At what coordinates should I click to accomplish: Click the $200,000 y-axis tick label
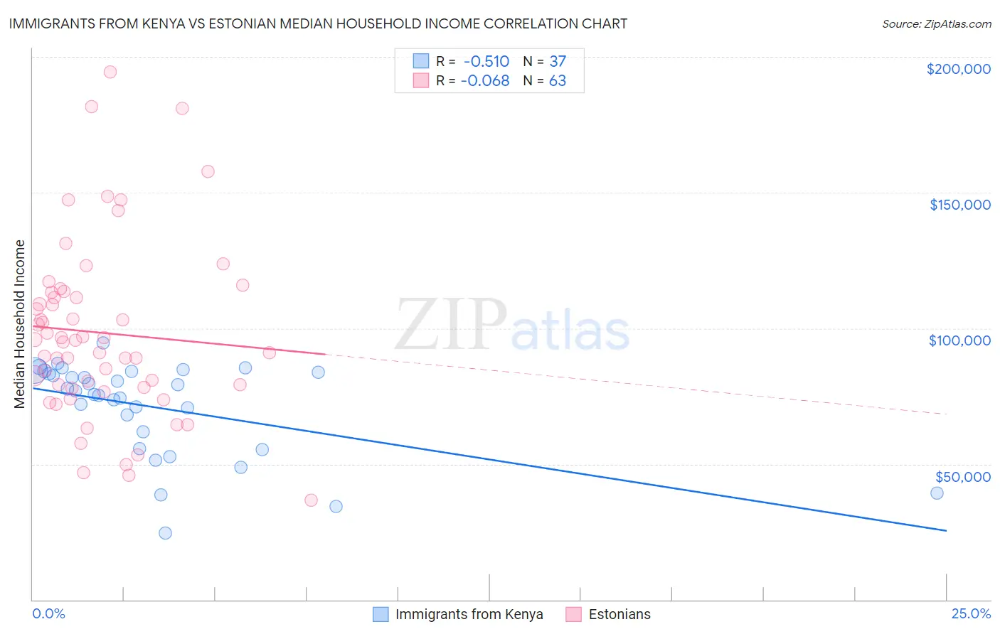(x=958, y=69)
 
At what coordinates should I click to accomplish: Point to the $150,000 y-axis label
(x=959, y=205)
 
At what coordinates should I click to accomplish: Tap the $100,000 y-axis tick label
(x=959, y=340)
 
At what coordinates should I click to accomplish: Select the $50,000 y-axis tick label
(x=962, y=476)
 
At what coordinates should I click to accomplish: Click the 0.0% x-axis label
(x=48, y=614)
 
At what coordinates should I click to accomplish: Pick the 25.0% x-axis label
(x=971, y=614)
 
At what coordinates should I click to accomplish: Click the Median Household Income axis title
(x=20, y=324)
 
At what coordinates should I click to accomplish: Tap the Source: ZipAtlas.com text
(x=936, y=24)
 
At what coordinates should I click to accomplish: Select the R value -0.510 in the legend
(x=486, y=61)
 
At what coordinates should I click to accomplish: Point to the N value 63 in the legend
(x=558, y=81)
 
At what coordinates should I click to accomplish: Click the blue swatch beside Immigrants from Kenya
(x=381, y=614)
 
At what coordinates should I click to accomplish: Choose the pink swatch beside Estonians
(x=574, y=614)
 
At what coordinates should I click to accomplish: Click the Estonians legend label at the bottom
(x=619, y=614)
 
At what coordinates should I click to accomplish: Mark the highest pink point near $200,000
(x=110, y=72)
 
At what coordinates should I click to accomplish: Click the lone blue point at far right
(x=937, y=493)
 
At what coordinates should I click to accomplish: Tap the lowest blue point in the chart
(x=165, y=533)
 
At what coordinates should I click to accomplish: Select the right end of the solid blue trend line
(x=946, y=531)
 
